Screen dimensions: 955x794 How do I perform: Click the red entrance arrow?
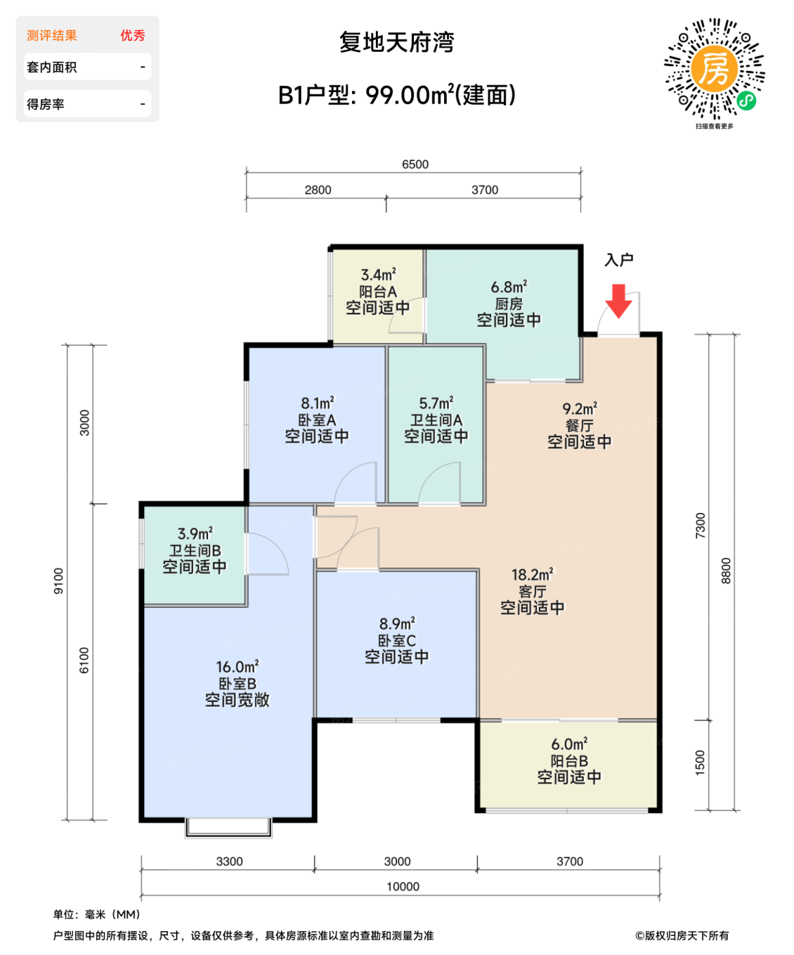click(x=618, y=301)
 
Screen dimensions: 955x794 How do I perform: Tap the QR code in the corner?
click(x=714, y=69)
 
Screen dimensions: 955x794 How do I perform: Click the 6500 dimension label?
click(x=415, y=164)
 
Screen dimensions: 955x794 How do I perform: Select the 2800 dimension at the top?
click(x=318, y=190)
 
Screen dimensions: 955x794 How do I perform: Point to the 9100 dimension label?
click(x=59, y=581)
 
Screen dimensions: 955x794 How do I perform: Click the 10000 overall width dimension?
click(x=402, y=887)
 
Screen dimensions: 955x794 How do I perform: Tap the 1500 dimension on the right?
click(x=700, y=763)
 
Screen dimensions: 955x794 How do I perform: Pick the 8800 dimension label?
click(x=726, y=571)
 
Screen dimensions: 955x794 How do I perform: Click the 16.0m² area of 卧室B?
click(x=237, y=666)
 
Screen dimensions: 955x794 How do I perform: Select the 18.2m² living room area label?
click(x=532, y=575)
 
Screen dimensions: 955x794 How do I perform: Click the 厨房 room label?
click(x=509, y=304)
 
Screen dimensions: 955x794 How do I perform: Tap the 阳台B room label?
click(x=570, y=761)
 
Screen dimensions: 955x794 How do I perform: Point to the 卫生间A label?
click(x=436, y=420)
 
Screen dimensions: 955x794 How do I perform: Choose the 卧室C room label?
click(x=397, y=641)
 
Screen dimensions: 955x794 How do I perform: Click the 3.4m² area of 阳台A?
click(x=379, y=275)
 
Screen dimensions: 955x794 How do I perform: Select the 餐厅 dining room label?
click(x=579, y=426)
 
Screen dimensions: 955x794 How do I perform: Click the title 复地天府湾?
click(x=397, y=42)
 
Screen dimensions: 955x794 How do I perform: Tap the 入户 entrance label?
click(x=619, y=260)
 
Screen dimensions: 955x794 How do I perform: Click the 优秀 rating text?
click(x=132, y=35)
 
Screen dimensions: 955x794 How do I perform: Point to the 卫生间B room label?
click(x=195, y=550)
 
